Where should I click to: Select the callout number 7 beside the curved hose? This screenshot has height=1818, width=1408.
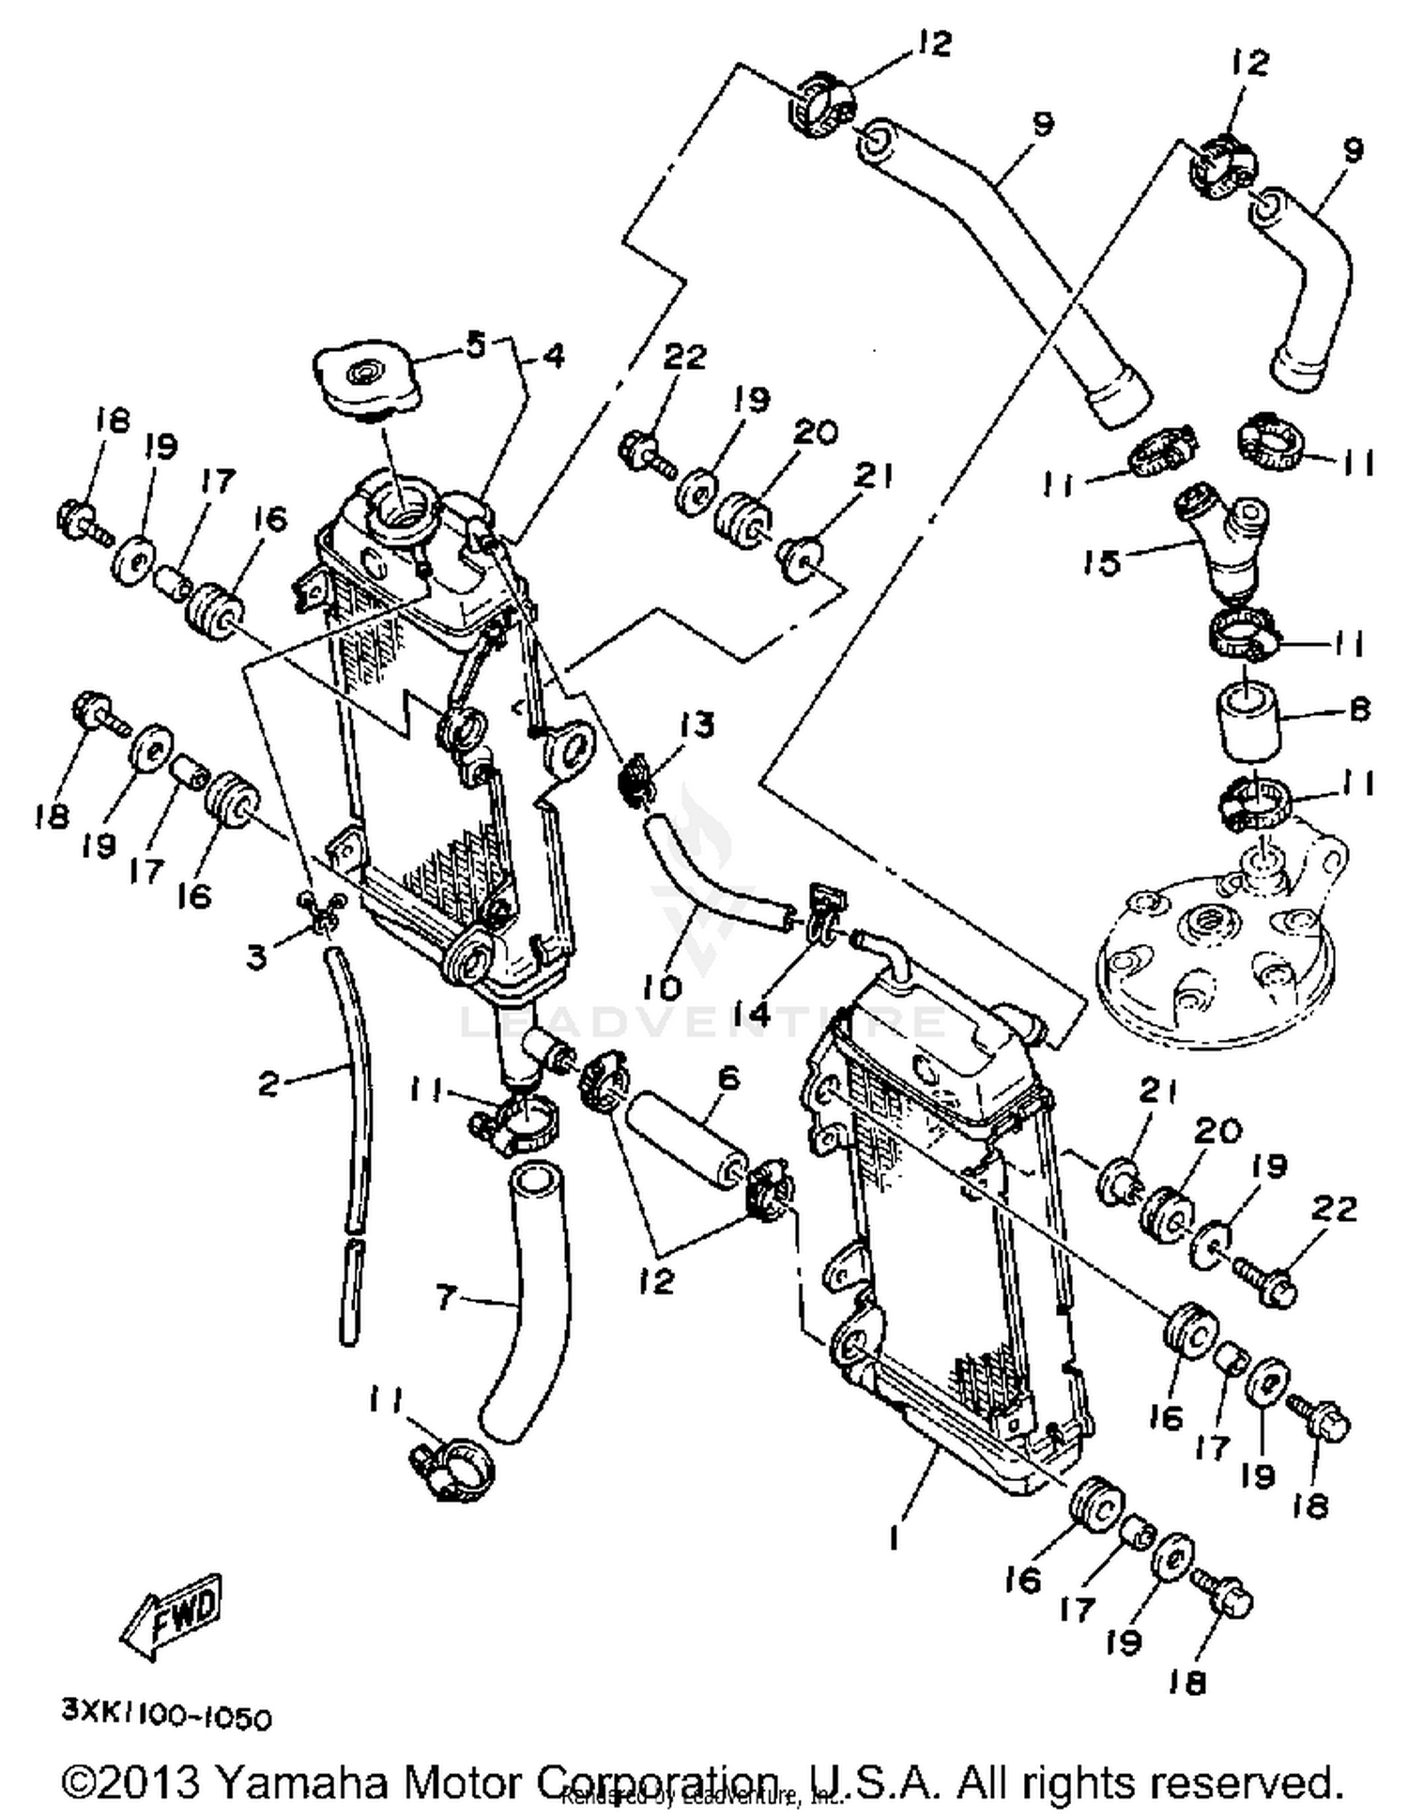(446, 1299)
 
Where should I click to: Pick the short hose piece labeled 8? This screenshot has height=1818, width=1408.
(1248, 723)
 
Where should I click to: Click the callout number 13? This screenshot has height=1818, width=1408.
(696, 724)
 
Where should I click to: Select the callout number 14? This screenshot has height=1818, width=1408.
(752, 1013)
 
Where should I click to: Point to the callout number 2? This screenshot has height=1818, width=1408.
(268, 1084)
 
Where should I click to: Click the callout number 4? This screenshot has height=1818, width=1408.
(553, 356)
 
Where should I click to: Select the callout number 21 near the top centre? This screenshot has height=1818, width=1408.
(874, 477)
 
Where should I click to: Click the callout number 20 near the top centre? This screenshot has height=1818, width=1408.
(815, 433)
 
